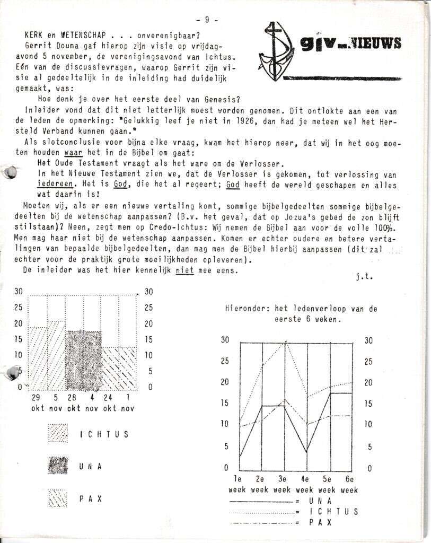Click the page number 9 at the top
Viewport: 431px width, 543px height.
(207, 20)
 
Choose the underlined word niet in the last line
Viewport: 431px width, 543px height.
(184, 269)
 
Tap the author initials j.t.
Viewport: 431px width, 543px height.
(360, 276)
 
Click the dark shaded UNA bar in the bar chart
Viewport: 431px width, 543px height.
(83, 361)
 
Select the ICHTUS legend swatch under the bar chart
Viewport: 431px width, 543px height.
(58, 434)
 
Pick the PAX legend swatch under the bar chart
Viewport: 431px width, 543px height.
(58, 498)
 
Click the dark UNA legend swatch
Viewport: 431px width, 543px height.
(58, 466)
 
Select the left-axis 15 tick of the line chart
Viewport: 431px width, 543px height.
(225, 403)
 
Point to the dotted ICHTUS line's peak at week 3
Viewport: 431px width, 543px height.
(285, 343)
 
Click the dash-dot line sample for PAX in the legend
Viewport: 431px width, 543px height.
(260, 523)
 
